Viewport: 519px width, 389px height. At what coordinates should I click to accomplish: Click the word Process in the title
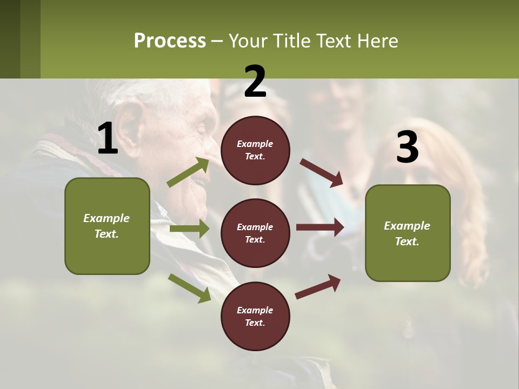click(x=170, y=41)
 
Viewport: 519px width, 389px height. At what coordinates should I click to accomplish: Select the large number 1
click(x=108, y=139)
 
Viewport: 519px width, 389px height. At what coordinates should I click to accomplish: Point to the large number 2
click(x=255, y=82)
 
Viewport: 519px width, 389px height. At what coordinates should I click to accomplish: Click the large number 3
click(x=407, y=147)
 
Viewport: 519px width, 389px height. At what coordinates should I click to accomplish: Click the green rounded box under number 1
click(x=107, y=226)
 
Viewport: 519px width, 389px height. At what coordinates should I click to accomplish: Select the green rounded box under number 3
click(x=408, y=233)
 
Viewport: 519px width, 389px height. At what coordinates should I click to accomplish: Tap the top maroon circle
click(x=255, y=150)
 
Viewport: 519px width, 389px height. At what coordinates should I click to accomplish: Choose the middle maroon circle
click(x=255, y=233)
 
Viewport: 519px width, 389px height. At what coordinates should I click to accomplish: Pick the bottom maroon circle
click(x=255, y=317)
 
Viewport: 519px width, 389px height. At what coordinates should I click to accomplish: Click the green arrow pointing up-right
click(x=189, y=172)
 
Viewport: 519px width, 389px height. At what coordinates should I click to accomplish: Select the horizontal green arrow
click(x=189, y=229)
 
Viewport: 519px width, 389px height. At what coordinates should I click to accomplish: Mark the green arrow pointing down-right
click(x=189, y=287)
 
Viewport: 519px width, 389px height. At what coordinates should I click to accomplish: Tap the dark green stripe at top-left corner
click(x=10, y=39)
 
